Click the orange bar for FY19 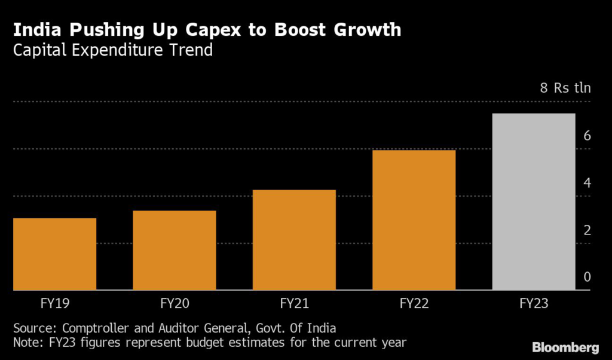click(54, 254)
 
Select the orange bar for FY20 click(175, 250)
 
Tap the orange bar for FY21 click(294, 240)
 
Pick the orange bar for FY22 click(414, 220)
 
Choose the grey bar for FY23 click(533, 202)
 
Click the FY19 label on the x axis click(54, 303)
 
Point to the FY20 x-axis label click(175, 303)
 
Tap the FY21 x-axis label click(294, 303)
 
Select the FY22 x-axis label click(414, 303)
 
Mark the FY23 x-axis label click(533, 303)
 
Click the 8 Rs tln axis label click(565, 89)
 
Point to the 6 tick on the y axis click(587, 136)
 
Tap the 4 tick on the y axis click(587, 183)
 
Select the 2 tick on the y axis click(587, 230)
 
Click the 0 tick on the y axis click(587, 277)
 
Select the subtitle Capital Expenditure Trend click(113, 50)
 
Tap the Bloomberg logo click(565, 346)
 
